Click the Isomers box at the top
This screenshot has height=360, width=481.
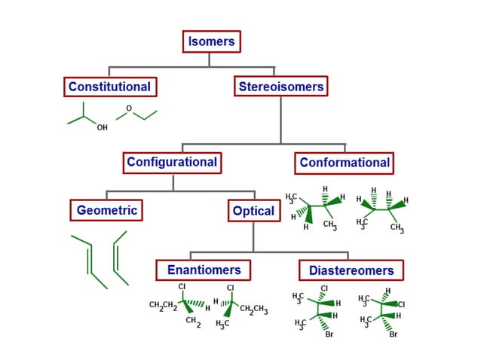pyautogui.click(x=211, y=41)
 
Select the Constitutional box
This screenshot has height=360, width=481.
pyautogui.click(x=109, y=87)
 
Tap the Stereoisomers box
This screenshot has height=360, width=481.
pyautogui.click(x=280, y=87)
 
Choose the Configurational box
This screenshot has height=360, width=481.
pyautogui.click(x=172, y=162)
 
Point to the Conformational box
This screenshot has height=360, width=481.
pyautogui.click(x=345, y=162)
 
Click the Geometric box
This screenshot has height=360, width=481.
pyautogui.click(x=107, y=210)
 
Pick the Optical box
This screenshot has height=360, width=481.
pyautogui.click(x=253, y=211)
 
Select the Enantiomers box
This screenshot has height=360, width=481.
pyautogui.click(x=204, y=270)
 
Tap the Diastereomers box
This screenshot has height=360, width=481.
pyautogui.click(x=351, y=270)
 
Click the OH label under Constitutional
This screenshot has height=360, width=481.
pyautogui.click(x=102, y=128)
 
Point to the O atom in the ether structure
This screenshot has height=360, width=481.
pyautogui.click(x=129, y=108)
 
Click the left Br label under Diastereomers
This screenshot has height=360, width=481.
pyautogui.click(x=329, y=334)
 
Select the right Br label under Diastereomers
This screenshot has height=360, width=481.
pyautogui.click(x=393, y=334)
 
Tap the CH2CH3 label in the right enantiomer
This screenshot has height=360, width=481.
pyautogui.click(x=254, y=310)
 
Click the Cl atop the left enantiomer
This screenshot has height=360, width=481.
pyautogui.click(x=182, y=287)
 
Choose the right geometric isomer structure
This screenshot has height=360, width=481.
pyautogui.click(x=119, y=258)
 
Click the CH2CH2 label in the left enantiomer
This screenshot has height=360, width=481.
pyautogui.click(x=163, y=305)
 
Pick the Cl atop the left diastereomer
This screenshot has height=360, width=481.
pyautogui.click(x=324, y=288)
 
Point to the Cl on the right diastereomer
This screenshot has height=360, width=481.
pyautogui.click(x=401, y=304)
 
